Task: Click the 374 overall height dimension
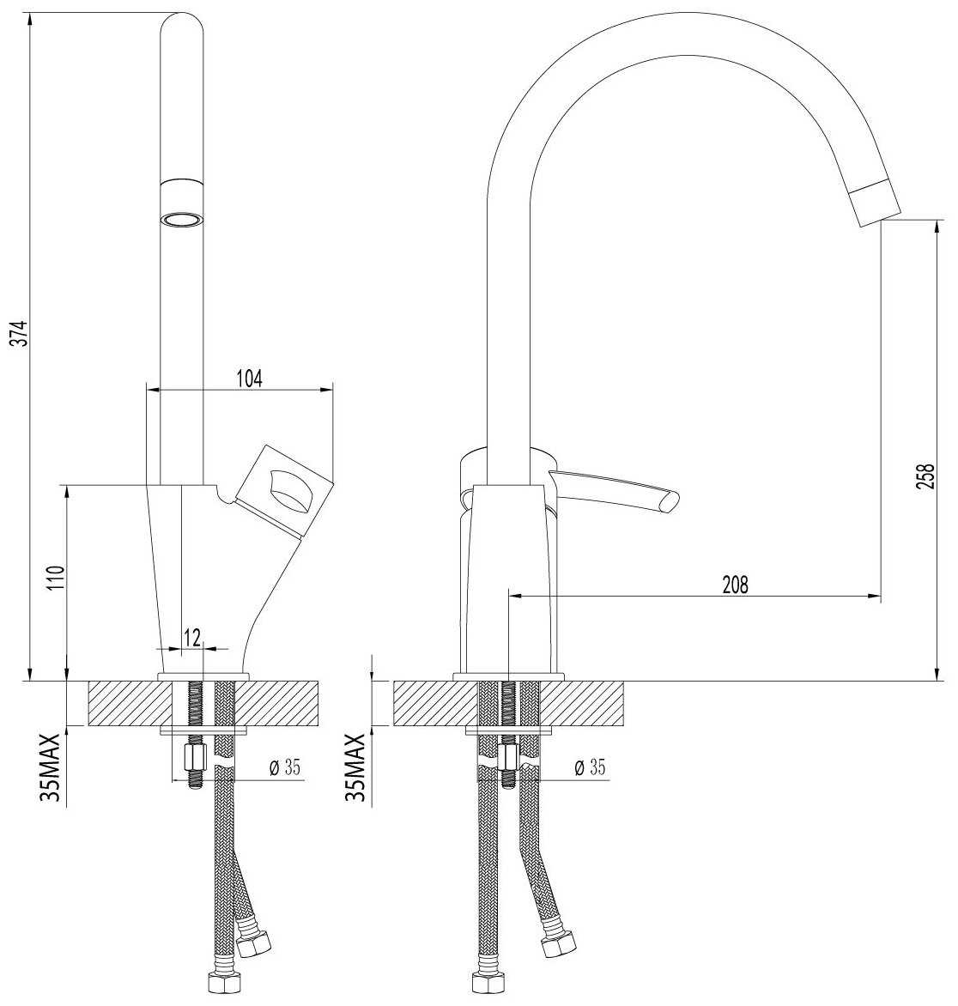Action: pos(21,333)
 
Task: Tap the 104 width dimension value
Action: pos(249,379)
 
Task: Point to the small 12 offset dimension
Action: pos(191,638)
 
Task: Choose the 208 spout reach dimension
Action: pos(735,585)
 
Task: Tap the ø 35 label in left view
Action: pos(286,767)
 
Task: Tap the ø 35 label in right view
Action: pos(590,767)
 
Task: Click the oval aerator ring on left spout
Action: pos(182,220)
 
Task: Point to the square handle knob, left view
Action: pos(284,488)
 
